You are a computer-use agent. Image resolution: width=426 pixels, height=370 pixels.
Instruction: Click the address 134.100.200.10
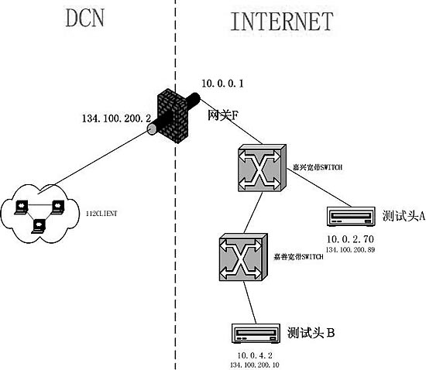point(256,364)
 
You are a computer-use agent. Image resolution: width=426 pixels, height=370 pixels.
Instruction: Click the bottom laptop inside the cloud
point(38,226)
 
